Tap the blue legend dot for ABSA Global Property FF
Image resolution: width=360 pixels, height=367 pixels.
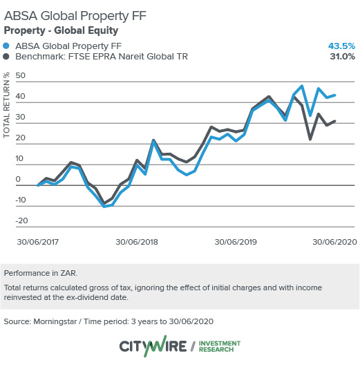(x=8, y=46)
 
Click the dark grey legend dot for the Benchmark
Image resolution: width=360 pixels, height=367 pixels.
(x=8, y=57)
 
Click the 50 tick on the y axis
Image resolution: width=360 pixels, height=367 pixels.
(x=21, y=75)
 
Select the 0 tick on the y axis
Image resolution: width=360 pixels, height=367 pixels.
(x=25, y=179)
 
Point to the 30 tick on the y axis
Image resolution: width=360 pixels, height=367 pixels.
(x=21, y=117)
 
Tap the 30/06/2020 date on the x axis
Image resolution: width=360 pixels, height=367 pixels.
(x=334, y=243)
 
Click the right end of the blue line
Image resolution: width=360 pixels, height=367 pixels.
(x=335, y=95)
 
